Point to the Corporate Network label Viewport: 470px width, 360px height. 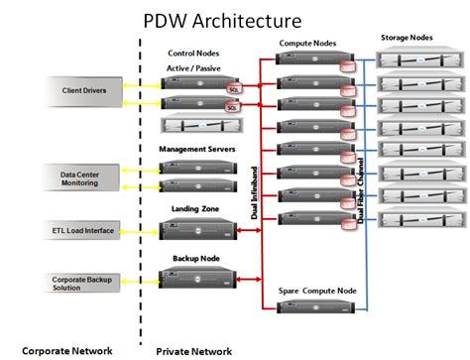coord(66,350)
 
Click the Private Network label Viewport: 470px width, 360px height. coord(194,350)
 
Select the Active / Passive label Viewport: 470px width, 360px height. coord(194,67)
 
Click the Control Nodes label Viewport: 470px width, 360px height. coord(194,53)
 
